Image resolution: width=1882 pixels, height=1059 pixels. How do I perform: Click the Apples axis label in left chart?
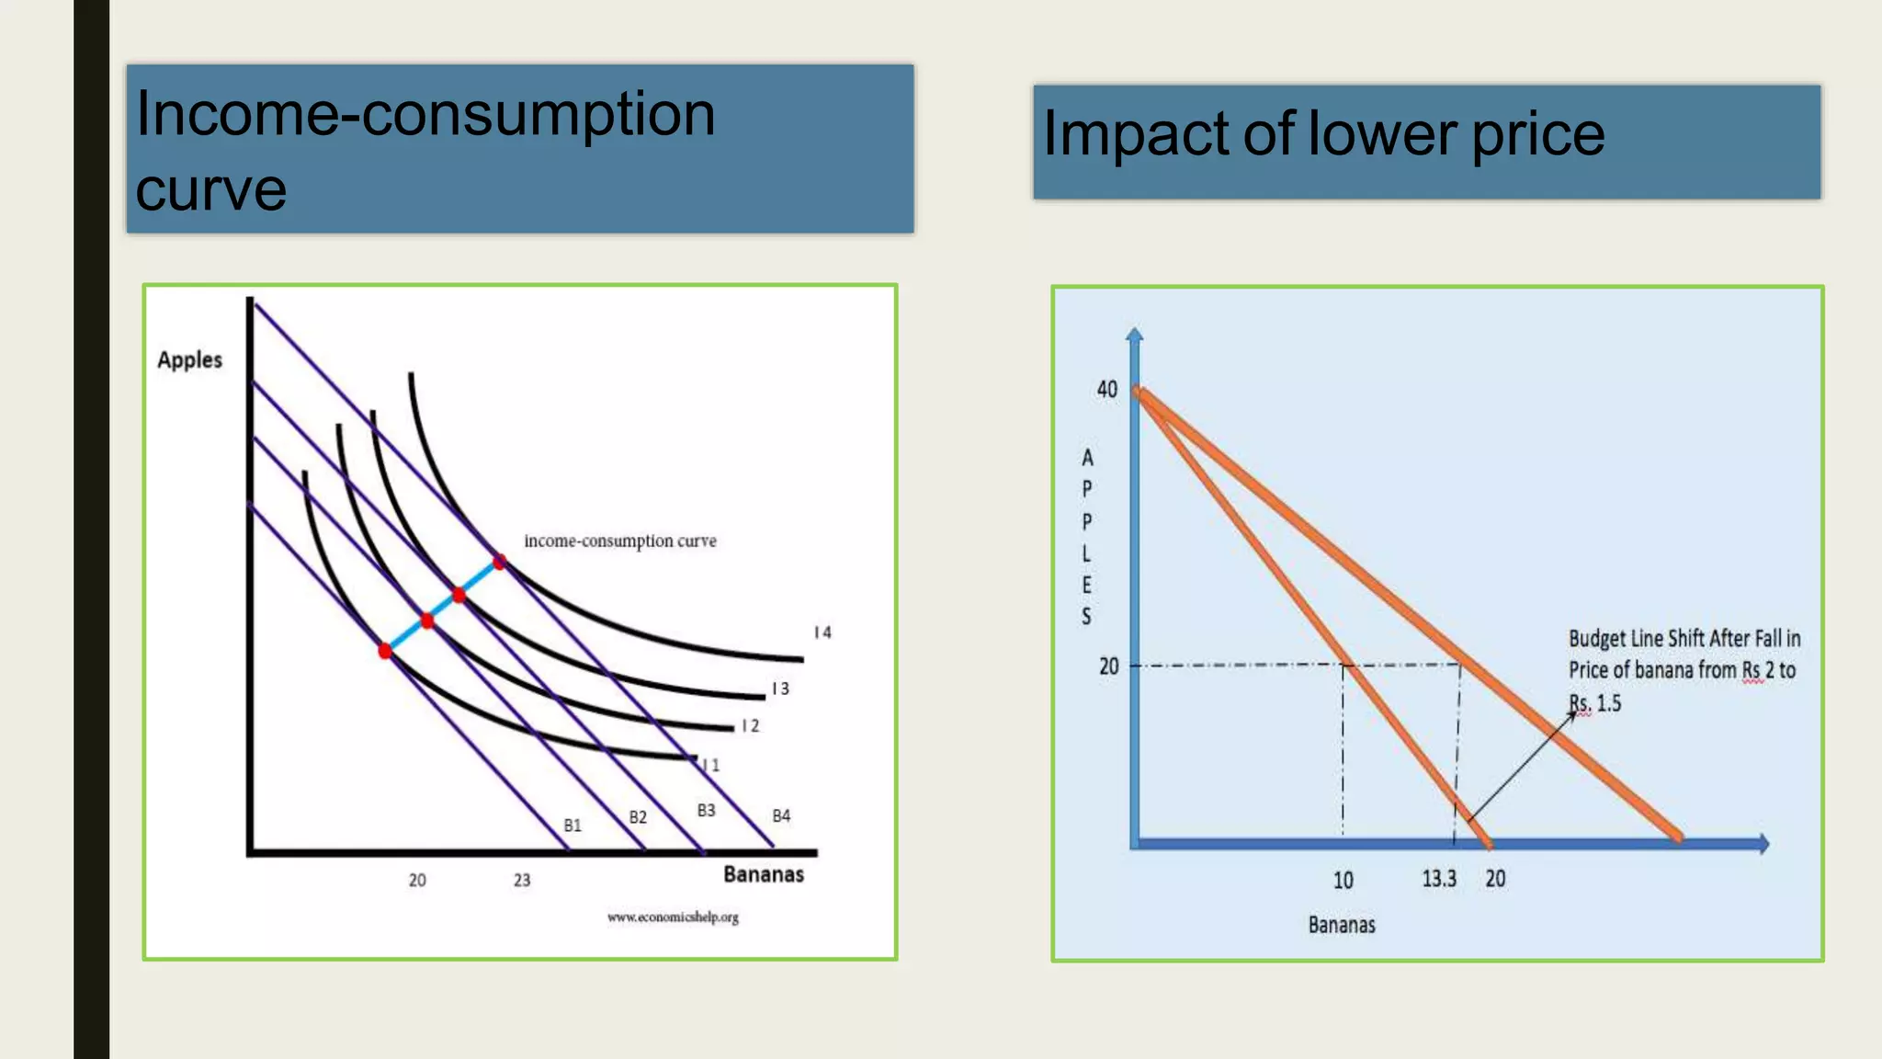[x=189, y=359]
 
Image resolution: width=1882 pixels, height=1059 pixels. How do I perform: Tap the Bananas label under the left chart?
[x=763, y=874]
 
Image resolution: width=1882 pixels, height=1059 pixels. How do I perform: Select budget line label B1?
[x=573, y=826]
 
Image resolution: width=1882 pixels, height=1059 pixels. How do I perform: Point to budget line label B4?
[x=781, y=815]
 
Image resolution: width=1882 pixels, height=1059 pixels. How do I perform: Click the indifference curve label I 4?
[x=822, y=632]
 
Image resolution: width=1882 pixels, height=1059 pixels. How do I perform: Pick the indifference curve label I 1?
[x=711, y=765]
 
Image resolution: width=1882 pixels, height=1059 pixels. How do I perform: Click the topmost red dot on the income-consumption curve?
[x=499, y=561]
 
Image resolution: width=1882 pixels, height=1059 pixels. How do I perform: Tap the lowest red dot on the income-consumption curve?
[x=385, y=651]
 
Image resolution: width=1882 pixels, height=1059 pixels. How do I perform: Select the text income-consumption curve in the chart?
[x=619, y=541]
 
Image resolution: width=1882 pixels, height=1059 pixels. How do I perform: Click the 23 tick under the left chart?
[x=521, y=880]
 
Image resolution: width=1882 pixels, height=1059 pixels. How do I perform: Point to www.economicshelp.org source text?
[x=673, y=917]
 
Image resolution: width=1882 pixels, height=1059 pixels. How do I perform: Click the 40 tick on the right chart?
[x=1106, y=390]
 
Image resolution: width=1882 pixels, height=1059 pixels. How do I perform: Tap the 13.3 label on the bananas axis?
[x=1439, y=879]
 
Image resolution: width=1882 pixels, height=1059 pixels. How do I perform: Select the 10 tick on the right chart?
[x=1343, y=881]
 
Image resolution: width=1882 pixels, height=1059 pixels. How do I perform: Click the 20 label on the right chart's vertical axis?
[x=1108, y=666]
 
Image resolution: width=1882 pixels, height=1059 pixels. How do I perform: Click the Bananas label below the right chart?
[x=1342, y=925]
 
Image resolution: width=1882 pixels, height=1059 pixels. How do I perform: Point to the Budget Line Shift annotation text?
[x=1683, y=670]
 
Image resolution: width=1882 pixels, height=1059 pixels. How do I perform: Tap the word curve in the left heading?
[x=211, y=189]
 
